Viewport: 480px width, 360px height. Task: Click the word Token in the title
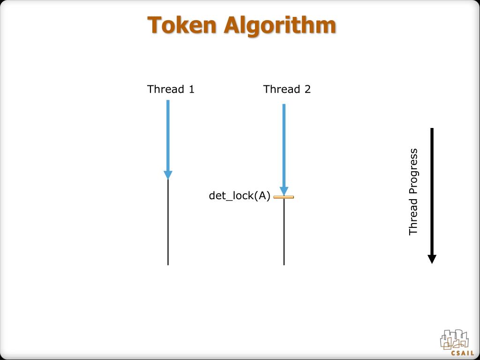tap(182, 25)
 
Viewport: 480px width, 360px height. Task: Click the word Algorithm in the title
tap(280, 26)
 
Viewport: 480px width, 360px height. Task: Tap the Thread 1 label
tap(171, 89)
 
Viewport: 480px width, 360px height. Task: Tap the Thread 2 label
tap(287, 89)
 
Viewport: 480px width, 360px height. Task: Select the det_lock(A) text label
tap(240, 196)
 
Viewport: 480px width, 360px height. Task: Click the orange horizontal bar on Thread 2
tap(284, 197)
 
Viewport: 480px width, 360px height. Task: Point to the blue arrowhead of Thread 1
tap(168, 175)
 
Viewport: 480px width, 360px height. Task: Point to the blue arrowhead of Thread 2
tap(284, 191)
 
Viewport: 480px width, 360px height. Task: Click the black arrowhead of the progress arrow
tap(432, 259)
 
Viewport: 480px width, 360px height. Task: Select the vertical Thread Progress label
tap(413, 192)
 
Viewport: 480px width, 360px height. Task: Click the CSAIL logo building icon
tap(454, 339)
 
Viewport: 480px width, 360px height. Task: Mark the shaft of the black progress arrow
tap(432, 187)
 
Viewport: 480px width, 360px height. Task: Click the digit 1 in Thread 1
tap(191, 89)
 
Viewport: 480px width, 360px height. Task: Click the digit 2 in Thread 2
tap(307, 89)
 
